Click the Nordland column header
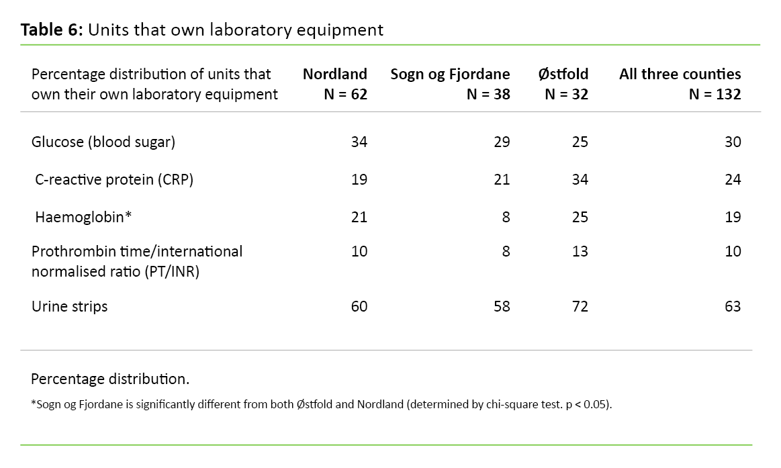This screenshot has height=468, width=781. coord(334,74)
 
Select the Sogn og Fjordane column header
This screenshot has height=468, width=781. coord(450,74)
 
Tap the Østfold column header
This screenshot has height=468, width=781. coord(563,74)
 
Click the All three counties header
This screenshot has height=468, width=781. coord(680,74)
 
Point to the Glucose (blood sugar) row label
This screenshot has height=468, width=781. coord(103,142)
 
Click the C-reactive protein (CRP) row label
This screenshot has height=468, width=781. coord(114,179)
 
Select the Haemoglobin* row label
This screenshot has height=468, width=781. coord(83,217)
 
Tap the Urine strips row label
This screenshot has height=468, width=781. coord(69,306)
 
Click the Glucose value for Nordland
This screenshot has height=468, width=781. coord(359,142)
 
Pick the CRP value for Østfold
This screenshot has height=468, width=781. coord(580,179)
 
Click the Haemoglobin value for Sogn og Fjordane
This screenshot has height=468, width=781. coord(506,217)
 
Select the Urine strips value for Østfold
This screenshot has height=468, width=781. coord(580,306)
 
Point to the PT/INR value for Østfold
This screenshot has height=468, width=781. coord(580,251)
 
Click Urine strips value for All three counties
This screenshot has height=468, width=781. coord(733,306)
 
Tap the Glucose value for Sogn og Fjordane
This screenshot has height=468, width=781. coord(502,142)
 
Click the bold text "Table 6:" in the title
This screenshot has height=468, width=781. coord(52,30)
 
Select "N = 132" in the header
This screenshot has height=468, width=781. coord(715,94)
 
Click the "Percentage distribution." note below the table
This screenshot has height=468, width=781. coord(110,379)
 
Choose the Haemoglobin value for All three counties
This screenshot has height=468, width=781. coord(733,217)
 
